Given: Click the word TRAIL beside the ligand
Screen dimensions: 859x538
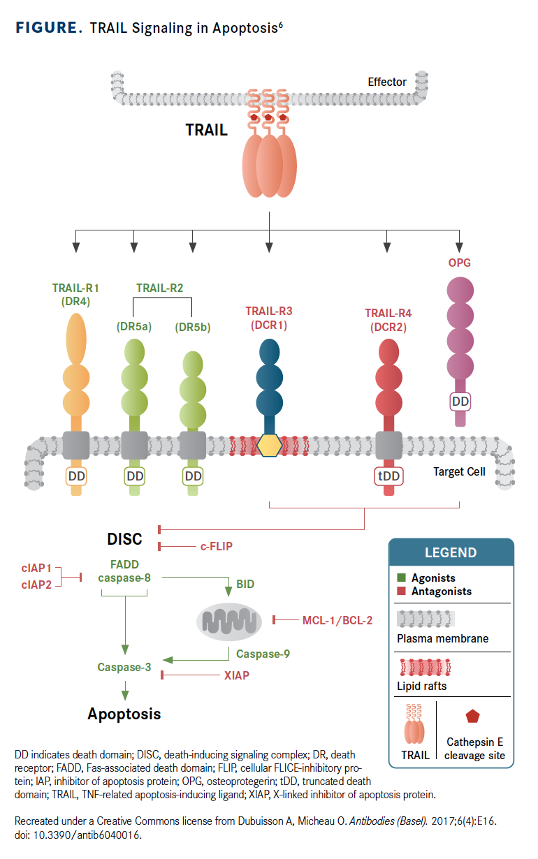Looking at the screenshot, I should [x=206, y=130].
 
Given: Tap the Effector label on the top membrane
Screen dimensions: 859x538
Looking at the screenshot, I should [x=387, y=82].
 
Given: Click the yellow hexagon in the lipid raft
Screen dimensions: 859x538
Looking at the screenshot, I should [x=269, y=445].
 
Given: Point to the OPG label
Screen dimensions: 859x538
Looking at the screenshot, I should [x=459, y=263].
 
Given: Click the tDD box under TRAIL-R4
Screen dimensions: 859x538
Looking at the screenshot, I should [x=388, y=476].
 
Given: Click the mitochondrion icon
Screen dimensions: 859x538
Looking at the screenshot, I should [x=231, y=619].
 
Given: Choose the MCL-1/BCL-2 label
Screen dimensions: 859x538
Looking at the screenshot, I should [x=337, y=619].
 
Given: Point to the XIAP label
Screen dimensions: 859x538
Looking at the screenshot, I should [x=237, y=675].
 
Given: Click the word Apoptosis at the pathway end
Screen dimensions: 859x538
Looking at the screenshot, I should [x=124, y=714].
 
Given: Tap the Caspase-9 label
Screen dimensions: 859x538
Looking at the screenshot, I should [x=263, y=654].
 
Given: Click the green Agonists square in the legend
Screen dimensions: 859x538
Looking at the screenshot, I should [x=401, y=578].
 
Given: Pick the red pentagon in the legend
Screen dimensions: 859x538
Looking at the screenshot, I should [x=473, y=717].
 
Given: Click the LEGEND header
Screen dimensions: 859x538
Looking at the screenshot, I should [x=451, y=552].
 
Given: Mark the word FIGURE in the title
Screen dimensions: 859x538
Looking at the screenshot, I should [x=47, y=28].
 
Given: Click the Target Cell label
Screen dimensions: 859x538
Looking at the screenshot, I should [x=459, y=471].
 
